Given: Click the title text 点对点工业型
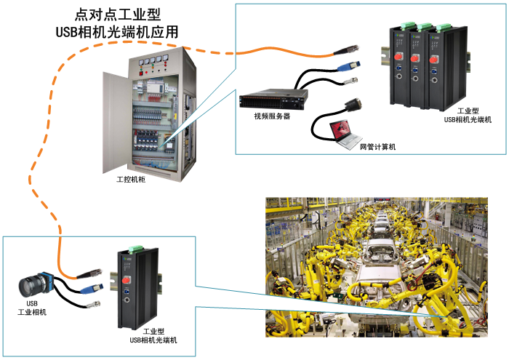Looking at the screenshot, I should pos(117,15).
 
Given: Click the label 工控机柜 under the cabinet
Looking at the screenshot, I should pos(131,178).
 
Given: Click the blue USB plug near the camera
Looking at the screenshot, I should pos(93,289).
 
